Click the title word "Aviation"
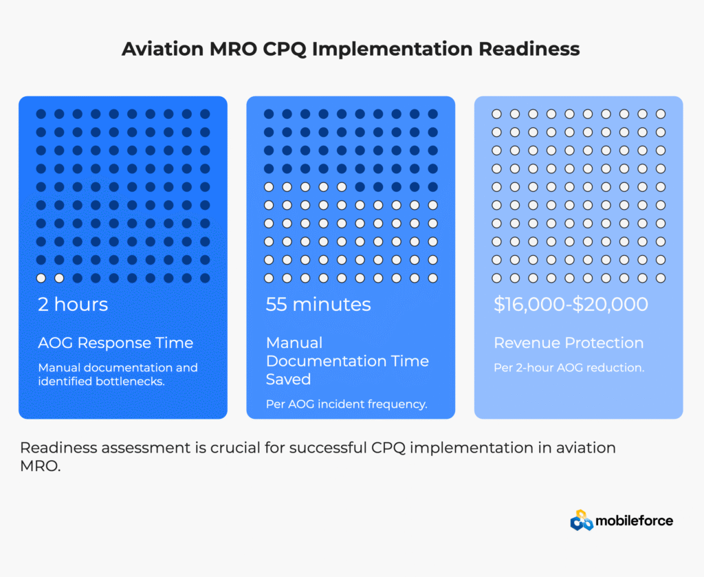pyautogui.click(x=162, y=49)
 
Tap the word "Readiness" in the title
pyautogui.click(x=529, y=49)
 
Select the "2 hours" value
pyautogui.click(x=73, y=305)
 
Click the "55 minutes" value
pyautogui.click(x=318, y=305)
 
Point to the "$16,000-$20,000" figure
pyautogui.click(x=571, y=305)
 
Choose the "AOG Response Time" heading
pyautogui.click(x=115, y=343)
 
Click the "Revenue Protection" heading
pyautogui.click(x=569, y=343)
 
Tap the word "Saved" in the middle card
pyautogui.click(x=288, y=380)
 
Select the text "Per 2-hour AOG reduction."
pyautogui.click(x=569, y=368)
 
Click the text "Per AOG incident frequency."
pyautogui.click(x=346, y=404)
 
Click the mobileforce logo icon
pyautogui.click(x=582, y=521)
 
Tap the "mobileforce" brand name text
pyautogui.click(x=635, y=521)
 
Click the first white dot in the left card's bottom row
pyautogui.click(x=41, y=278)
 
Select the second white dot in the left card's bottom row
pyautogui.click(x=59, y=278)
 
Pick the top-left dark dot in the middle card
pyautogui.click(x=269, y=114)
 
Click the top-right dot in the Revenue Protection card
pyautogui.click(x=661, y=114)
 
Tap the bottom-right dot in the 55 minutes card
pyautogui.click(x=433, y=278)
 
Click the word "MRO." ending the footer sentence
pyautogui.click(x=41, y=466)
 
